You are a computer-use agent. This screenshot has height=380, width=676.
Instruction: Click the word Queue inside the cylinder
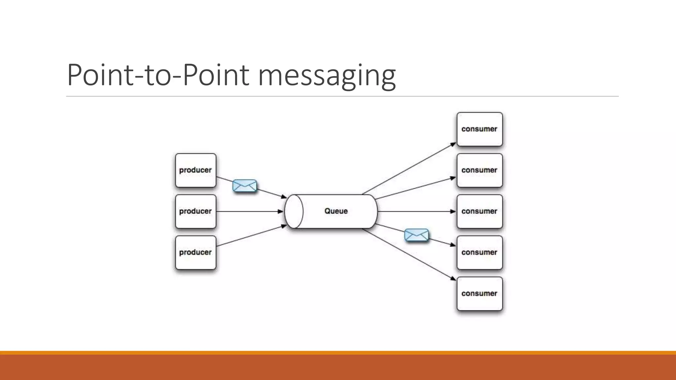click(x=336, y=211)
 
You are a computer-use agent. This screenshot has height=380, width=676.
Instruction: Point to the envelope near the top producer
click(x=245, y=186)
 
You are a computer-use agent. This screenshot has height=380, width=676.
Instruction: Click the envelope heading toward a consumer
click(x=417, y=235)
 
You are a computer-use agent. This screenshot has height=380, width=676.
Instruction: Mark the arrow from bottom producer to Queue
click(x=251, y=236)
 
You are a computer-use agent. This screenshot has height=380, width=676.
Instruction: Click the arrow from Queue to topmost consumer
click(x=409, y=169)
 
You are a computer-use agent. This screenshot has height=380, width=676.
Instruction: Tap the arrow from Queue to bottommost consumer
click(x=409, y=254)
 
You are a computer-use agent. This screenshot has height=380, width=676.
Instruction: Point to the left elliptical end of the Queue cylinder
click(x=294, y=211)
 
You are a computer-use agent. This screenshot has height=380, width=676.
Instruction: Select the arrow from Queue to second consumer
click(x=416, y=188)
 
